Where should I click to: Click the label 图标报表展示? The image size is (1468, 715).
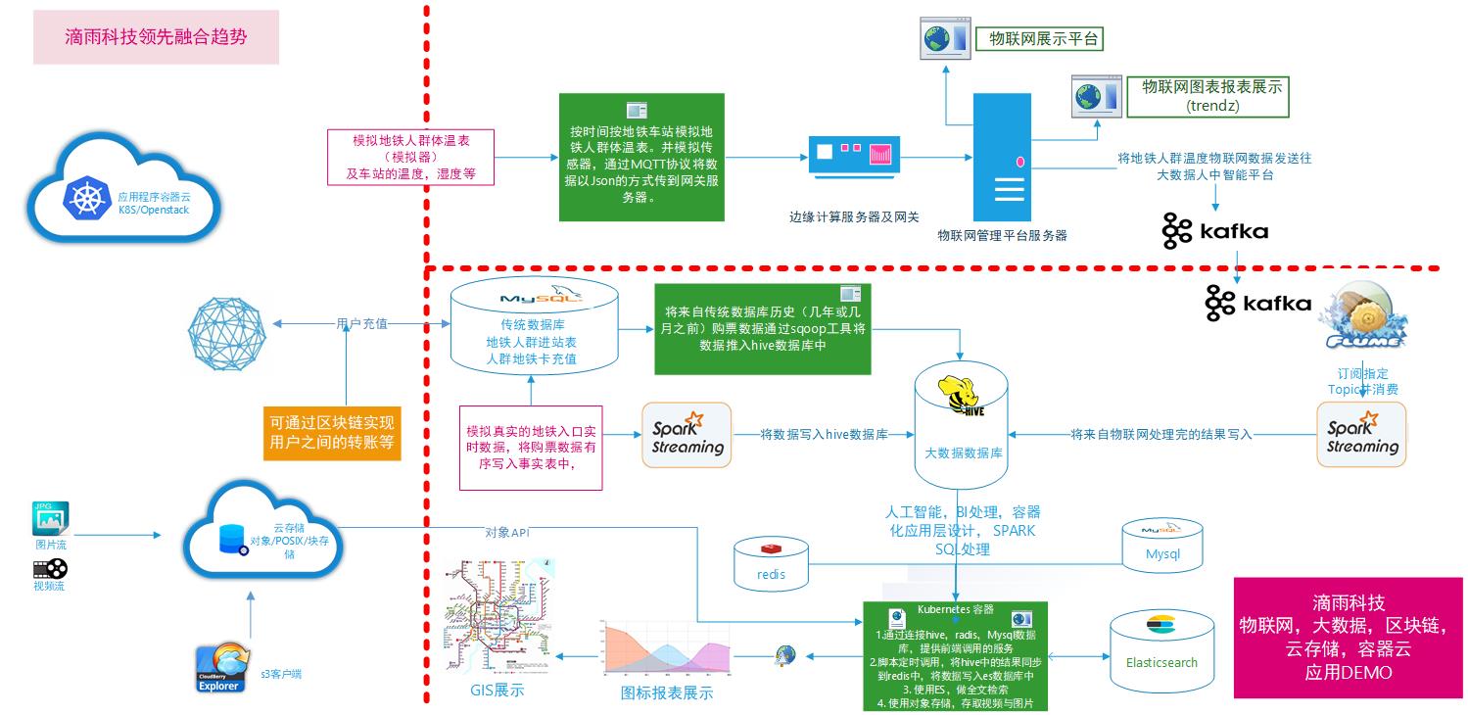click(667, 692)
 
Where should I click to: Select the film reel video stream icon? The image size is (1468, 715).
click(50, 567)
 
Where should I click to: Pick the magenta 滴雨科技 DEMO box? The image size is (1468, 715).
click(1349, 638)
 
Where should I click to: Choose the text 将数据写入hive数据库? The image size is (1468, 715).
click(824, 434)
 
